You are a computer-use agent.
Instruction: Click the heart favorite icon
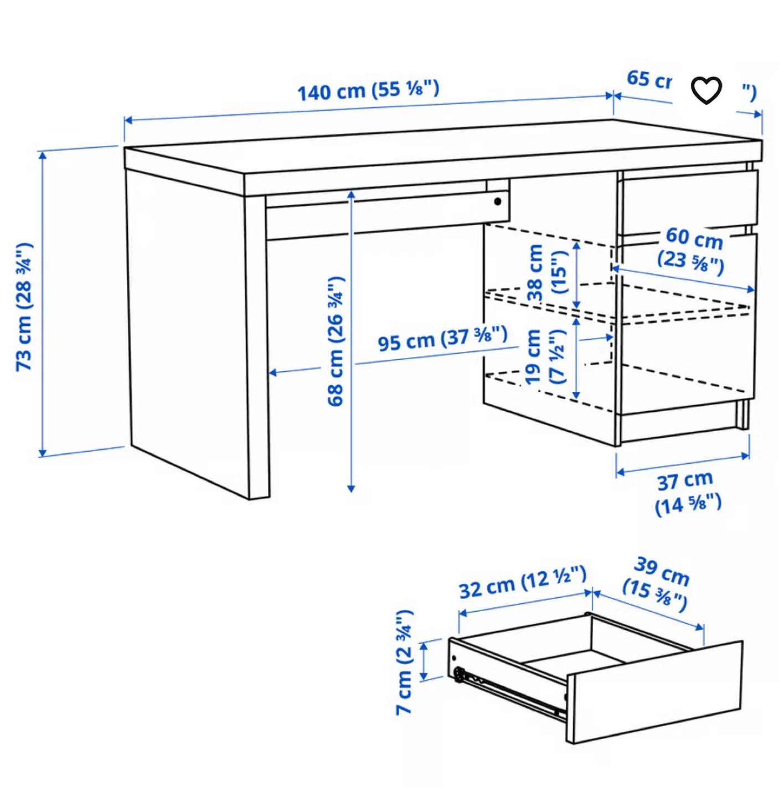[706, 90]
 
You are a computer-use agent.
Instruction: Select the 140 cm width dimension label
[368, 90]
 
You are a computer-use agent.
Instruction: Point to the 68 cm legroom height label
[336, 341]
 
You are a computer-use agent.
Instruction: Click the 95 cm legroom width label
[442, 339]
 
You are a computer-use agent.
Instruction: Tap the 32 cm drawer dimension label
[522, 582]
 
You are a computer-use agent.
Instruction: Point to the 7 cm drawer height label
[405, 662]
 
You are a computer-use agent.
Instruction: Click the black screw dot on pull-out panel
[497, 201]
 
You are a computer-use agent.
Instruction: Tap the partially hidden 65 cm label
[648, 80]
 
